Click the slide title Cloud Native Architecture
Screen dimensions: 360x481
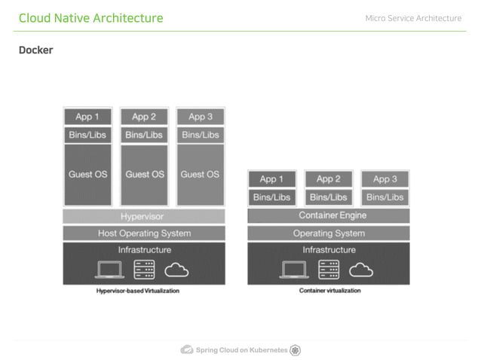[x=90, y=18]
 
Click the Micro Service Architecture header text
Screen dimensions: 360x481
[x=413, y=18]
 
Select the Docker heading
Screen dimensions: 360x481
[x=35, y=50]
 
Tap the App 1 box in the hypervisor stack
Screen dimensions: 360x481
[x=87, y=117]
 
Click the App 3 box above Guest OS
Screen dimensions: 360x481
[x=200, y=117]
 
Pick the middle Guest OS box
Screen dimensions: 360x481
[x=144, y=174]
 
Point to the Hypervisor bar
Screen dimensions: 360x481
[x=144, y=217]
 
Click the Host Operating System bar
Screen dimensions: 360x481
[x=144, y=233]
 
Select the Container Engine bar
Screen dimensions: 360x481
[x=329, y=216]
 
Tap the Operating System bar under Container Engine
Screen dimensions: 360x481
[x=329, y=233]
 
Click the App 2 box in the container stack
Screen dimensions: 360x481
[x=329, y=179]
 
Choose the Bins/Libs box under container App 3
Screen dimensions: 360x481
[x=384, y=197]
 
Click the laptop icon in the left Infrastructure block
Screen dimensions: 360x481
[x=111, y=269]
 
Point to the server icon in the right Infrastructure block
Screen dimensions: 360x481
[x=329, y=269]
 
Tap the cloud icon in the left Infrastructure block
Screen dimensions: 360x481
[x=176, y=269]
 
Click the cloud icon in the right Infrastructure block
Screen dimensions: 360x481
[x=361, y=269]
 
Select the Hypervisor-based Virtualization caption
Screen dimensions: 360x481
[x=138, y=291]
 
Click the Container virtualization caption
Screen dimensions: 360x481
[x=329, y=291]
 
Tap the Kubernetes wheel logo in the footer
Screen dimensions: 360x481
[x=296, y=349]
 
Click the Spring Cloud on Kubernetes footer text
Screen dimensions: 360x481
[x=241, y=350]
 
